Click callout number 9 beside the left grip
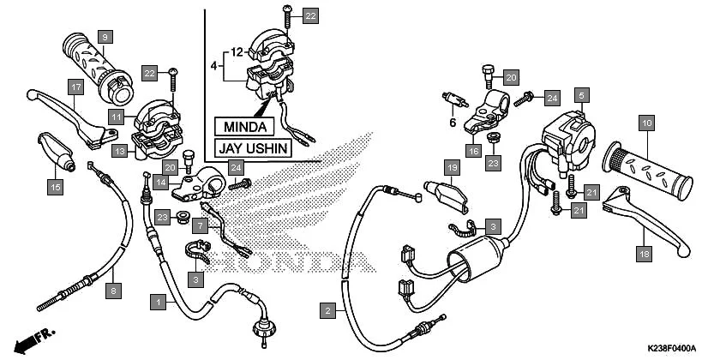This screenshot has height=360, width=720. click(x=105, y=37)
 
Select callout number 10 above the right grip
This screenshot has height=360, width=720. click(x=646, y=124)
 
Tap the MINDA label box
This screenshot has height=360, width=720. click(x=244, y=127)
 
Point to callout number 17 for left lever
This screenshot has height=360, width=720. click(x=75, y=87)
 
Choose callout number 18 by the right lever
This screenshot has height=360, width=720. click(x=642, y=253)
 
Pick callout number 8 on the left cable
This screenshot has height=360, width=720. click(x=113, y=291)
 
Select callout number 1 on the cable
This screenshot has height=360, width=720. click(x=157, y=302)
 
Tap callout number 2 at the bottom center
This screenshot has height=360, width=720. click(x=327, y=312)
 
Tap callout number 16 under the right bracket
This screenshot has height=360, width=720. click(x=473, y=151)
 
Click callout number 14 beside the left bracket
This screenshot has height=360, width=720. click(x=160, y=182)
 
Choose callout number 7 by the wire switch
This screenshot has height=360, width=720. click(x=200, y=226)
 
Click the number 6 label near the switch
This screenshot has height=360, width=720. click(x=450, y=123)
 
